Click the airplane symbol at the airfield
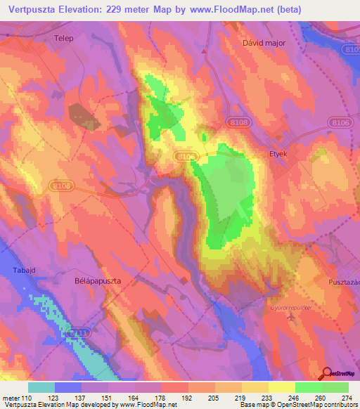click(x=292, y=318)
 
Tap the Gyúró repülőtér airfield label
click(x=290, y=306)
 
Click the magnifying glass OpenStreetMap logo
click(x=327, y=374)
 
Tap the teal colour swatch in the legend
click(x=41, y=387)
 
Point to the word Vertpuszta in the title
click(x=40, y=9)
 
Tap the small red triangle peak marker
click(x=205, y=51)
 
